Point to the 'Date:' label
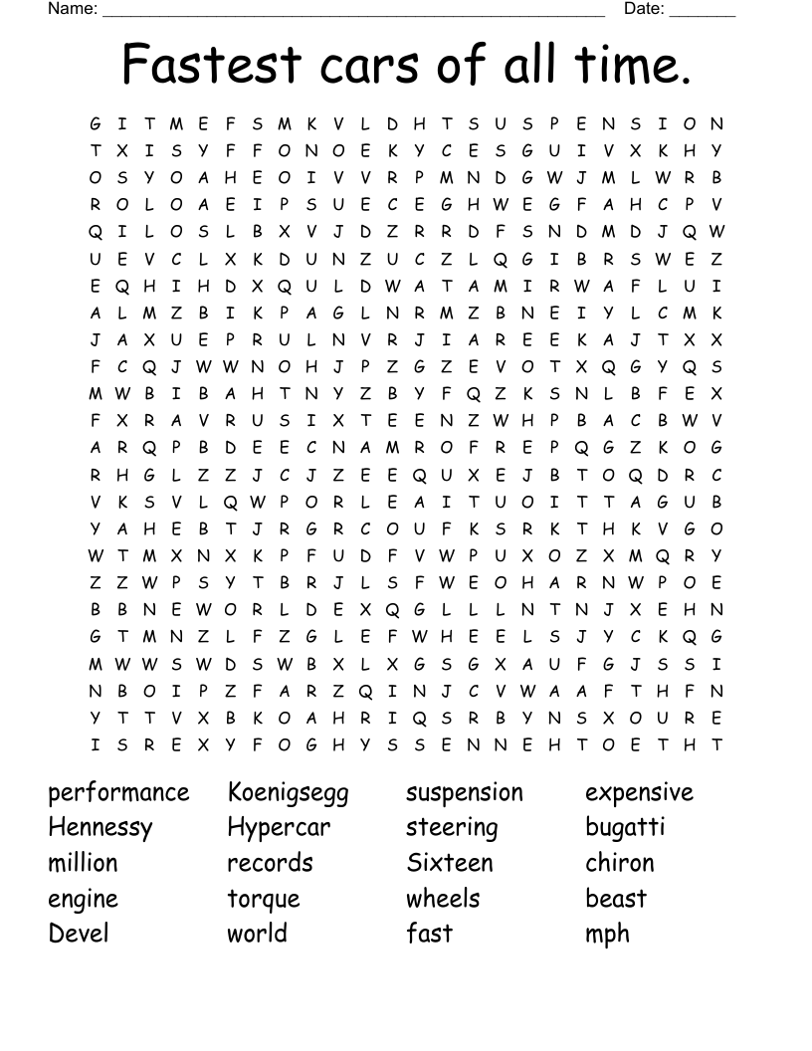pyautogui.click(x=644, y=9)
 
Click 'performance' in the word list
pyautogui.click(x=118, y=793)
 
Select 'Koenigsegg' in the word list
pyautogui.click(x=288, y=793)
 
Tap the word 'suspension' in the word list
pyautogui.click(x=464, y=793)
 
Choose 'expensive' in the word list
pyautogui.click(x=639, y=793)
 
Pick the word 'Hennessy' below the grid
pyautogui.click(x=101, y=828)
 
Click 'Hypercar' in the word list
pyautogui.click(x=279, y=828)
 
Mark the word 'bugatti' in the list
pyautogui.click(x=625, y=828)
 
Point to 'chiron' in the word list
pyautogui.click(x=620, y=863)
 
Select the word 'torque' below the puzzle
pyautogui.click(x=264, y=900)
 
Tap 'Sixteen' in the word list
pyautogui.click(x=449, y=863)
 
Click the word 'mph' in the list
pyautogui.click(x=607, y=936)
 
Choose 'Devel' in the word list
pyautogui.click(x=79, y=934)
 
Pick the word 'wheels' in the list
pyautogui.click(x=443, y=899)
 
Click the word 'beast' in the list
pyautogui.click(x=616, y=899)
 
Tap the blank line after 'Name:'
pyautogui.click(x=353, y=12)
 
